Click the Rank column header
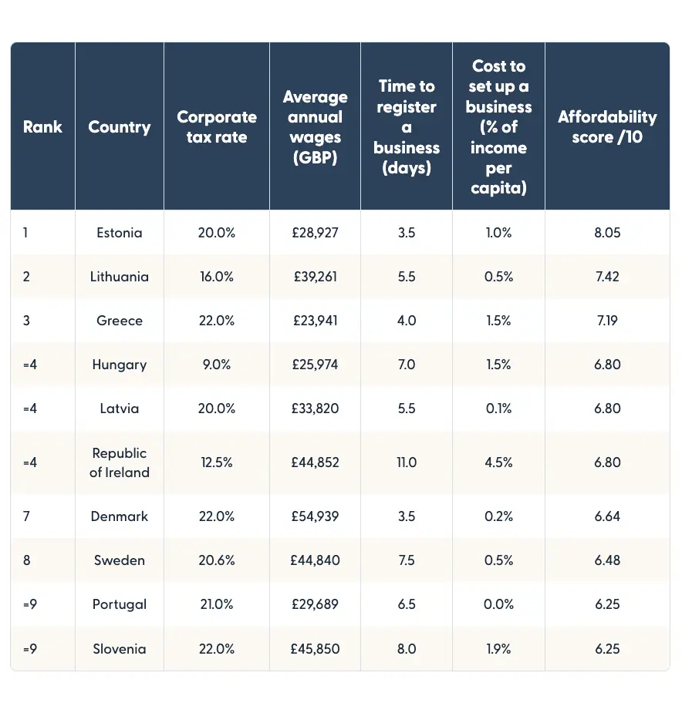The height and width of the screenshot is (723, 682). [42, 127]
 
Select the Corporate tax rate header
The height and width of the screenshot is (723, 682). [217, 127]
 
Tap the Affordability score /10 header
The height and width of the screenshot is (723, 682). [607, 127]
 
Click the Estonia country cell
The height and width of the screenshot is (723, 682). [120, 233]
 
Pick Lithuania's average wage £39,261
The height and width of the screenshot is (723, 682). [315, 277]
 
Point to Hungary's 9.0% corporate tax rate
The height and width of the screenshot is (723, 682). [216, 365]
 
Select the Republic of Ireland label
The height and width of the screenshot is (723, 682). [120, 462]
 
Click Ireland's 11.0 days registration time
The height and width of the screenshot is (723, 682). [406, 462]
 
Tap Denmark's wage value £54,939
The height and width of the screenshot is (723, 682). [315, 516]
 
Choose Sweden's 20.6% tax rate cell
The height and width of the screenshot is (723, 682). [216, 560]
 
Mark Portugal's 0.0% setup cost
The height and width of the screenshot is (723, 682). [498, 604]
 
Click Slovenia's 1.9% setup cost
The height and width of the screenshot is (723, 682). [498, 649]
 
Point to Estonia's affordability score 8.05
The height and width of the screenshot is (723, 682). [607, 233]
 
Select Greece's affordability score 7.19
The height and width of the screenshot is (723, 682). [607, 321]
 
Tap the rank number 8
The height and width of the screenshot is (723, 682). [27, 560]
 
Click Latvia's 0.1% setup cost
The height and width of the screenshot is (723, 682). [498, 409]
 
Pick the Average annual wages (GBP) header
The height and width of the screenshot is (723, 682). [315, 127]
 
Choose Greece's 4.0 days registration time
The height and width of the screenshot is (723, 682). [406, 321]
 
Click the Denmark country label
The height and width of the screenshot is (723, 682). [120, 516]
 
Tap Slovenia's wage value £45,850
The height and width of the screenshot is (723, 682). [315, 649]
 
